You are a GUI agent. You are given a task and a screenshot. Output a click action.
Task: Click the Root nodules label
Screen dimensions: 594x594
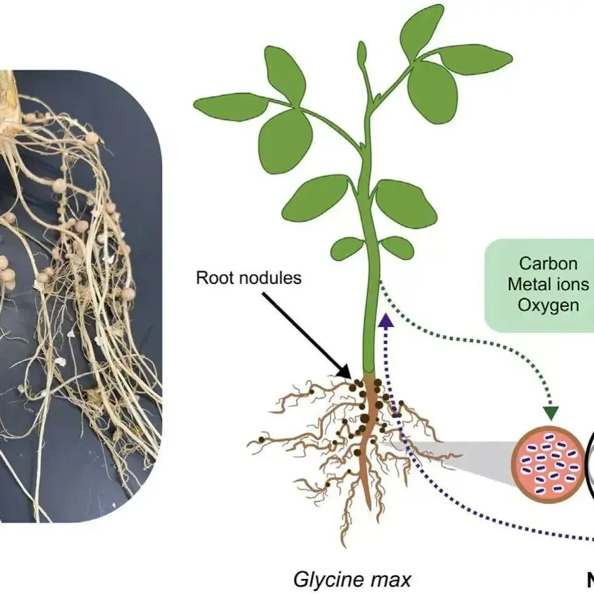coord(249,278)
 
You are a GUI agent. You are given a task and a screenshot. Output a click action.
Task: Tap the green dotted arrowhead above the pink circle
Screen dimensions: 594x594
coord(550,413)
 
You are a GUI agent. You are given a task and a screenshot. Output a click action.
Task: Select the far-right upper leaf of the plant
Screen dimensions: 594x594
coord(476,59)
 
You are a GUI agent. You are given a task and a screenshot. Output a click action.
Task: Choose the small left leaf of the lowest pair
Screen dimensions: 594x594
coord(347,248)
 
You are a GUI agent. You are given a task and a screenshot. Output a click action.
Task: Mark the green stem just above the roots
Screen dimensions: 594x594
coord(370,350)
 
